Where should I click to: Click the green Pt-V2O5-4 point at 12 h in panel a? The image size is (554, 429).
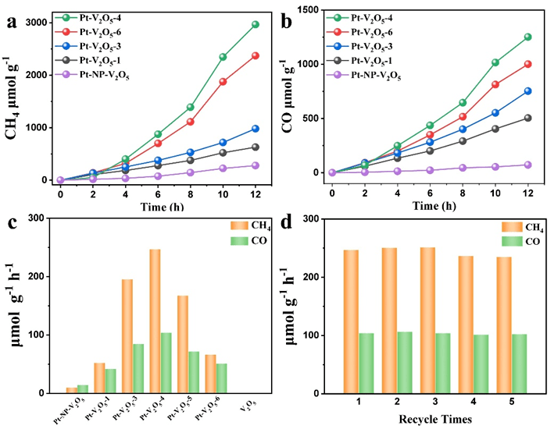[x=256, y=24]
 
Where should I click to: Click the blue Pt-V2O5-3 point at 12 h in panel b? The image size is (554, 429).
[x=528, y=91]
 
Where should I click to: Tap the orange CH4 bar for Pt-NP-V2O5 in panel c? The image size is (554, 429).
[x=71, y=390]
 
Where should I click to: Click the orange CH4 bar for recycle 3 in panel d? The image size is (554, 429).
[x=427, y=321]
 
